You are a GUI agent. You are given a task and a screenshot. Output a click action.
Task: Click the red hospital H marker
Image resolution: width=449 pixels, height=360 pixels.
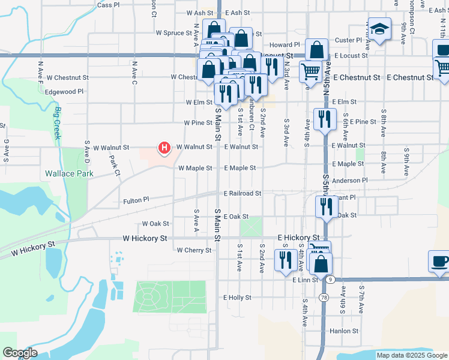click(163, 147)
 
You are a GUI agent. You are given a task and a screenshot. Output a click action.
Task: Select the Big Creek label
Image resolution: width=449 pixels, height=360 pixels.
click(58, 122)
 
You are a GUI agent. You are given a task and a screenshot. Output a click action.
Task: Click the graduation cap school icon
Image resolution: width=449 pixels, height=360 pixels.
click(379, 29)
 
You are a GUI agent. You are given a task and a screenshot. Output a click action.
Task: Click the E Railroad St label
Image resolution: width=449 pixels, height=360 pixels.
click(243, 193)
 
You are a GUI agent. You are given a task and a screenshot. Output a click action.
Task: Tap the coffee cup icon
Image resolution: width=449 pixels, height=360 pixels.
click(439, 261)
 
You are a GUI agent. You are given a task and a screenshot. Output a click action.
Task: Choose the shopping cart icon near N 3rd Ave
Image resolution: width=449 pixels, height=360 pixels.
click(310, 72)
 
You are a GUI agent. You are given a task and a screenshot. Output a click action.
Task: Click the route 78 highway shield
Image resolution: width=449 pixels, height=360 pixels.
click(324, 298)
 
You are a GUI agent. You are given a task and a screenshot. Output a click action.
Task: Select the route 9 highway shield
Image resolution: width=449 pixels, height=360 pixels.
click(331, 280)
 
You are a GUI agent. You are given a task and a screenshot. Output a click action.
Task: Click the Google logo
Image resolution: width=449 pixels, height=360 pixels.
click(19, 353)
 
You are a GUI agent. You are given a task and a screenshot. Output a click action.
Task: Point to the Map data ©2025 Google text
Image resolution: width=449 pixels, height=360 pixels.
click(411, 355)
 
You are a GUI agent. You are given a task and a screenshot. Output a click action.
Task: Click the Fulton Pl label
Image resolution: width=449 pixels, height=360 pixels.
click(136, 200)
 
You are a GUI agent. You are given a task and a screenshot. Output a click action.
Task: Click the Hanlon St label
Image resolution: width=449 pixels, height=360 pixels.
click(343, 331)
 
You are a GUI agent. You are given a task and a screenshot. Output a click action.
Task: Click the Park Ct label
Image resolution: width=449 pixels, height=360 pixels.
click(114, 164)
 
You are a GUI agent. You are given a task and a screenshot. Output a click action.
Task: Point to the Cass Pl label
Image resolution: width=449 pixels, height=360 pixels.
click(108, 5)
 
